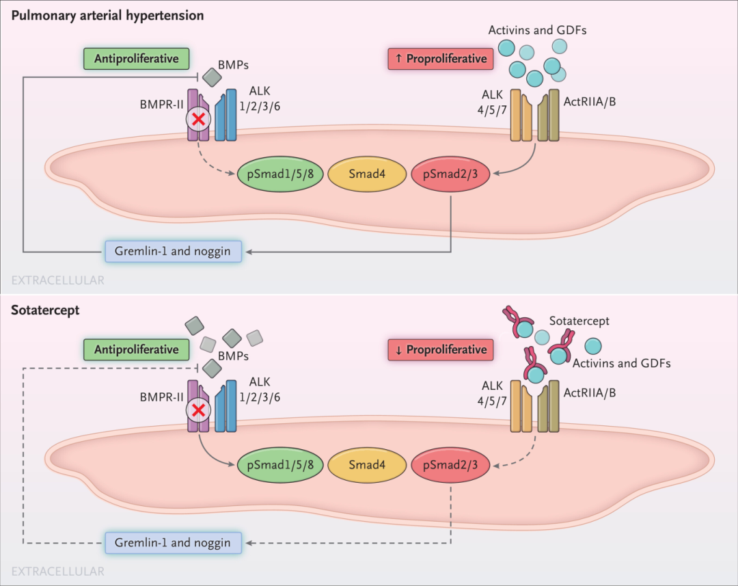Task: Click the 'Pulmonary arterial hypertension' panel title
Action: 107,15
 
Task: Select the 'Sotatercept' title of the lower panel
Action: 45,310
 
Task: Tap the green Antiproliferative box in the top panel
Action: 137,58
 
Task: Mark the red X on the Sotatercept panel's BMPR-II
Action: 199,411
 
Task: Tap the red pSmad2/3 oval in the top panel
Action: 450,174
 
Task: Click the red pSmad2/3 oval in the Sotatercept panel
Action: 450,465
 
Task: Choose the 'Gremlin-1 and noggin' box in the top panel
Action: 174,251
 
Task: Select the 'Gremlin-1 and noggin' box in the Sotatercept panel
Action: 174,543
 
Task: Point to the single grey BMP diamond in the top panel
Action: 213,79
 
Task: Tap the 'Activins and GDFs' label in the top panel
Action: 537,30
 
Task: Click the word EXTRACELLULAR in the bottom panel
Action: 58,571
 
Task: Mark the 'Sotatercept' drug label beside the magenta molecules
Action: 579,321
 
